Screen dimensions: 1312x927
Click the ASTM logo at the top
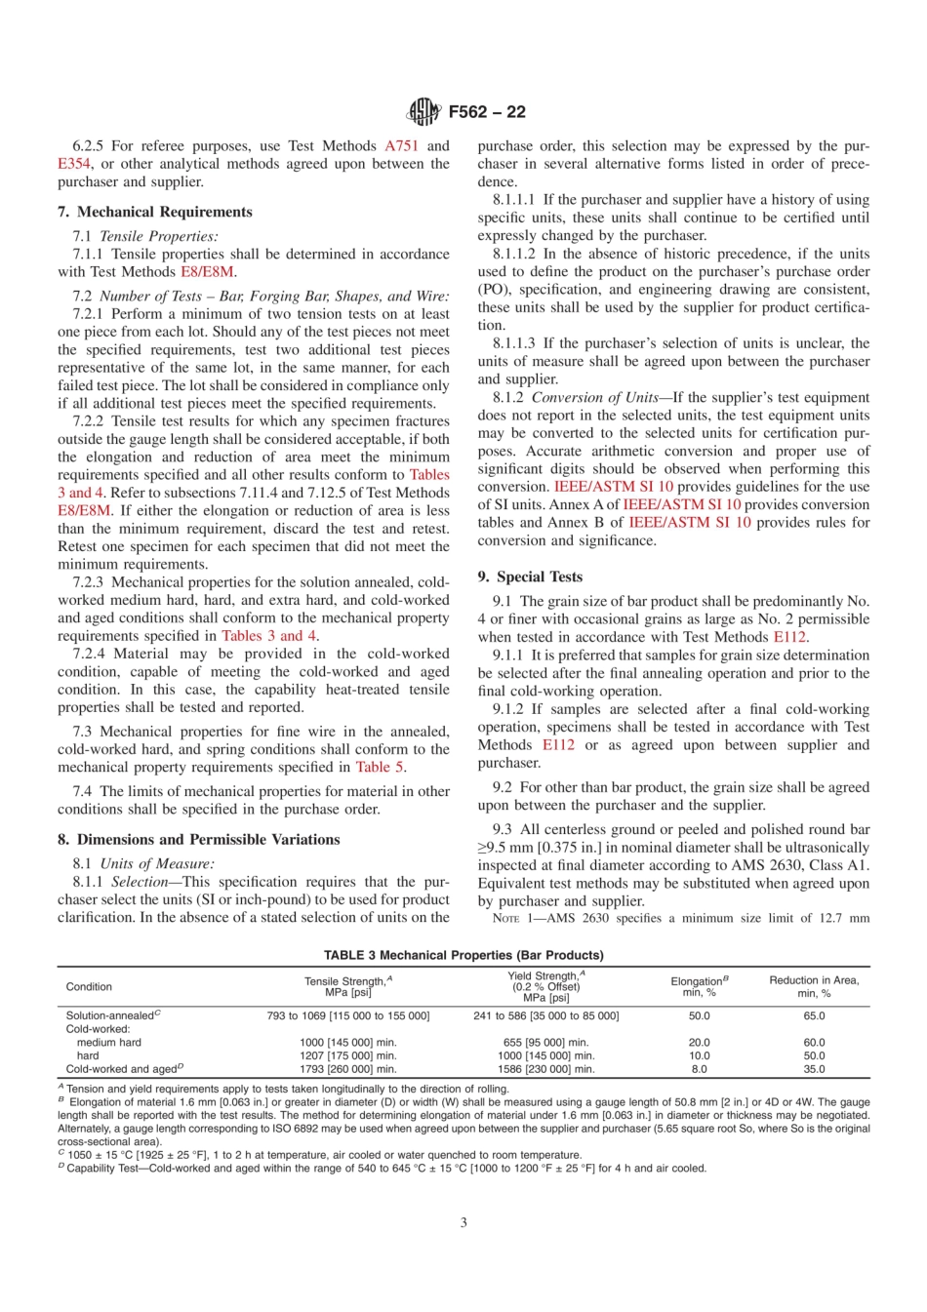423,111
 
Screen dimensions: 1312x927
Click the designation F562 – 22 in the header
487,112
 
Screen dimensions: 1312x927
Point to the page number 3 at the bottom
463,1222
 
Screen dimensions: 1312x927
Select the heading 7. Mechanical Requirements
155,212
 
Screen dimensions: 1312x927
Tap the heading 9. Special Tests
530,576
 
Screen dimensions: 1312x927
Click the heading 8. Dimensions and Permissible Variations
198,839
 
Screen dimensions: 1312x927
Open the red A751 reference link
401,145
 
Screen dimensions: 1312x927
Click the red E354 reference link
74,164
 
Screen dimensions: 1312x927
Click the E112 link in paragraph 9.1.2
558,744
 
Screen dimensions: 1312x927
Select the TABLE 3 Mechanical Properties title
463,955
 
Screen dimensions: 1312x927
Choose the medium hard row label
109,1042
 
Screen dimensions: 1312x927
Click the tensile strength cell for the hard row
348,1055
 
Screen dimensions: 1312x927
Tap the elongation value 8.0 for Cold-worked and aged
700,1069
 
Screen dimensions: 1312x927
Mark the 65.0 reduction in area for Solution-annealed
814,1015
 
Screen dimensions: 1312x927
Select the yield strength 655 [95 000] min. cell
545,1042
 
